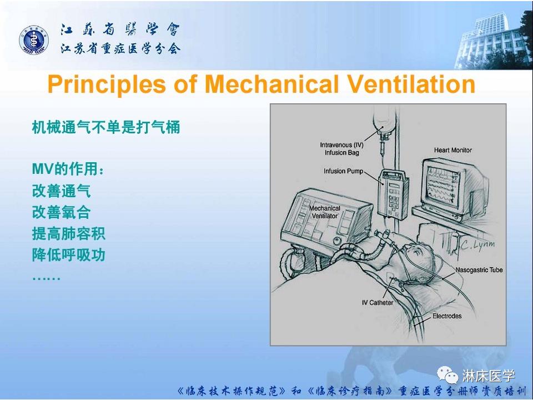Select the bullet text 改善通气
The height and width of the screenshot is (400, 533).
coord(61,192)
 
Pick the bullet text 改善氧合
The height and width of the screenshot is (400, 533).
coord(61,213)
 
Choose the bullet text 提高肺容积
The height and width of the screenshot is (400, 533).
coord(68,234)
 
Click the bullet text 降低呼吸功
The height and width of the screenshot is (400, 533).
coord(68,255)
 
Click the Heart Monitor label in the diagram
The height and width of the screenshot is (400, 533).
coord(452,150)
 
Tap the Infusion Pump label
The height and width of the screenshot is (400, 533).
coord(343,171)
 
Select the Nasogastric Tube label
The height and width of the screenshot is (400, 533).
coord(479,270)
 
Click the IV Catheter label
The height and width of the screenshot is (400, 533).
coord(377,303)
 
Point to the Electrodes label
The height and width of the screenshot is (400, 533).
coord(447,316)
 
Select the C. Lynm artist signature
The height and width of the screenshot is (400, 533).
coord(476,244)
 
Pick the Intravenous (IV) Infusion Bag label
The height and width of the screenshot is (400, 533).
coord(343,148)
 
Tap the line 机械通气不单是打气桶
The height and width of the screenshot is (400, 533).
coord(105,127)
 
